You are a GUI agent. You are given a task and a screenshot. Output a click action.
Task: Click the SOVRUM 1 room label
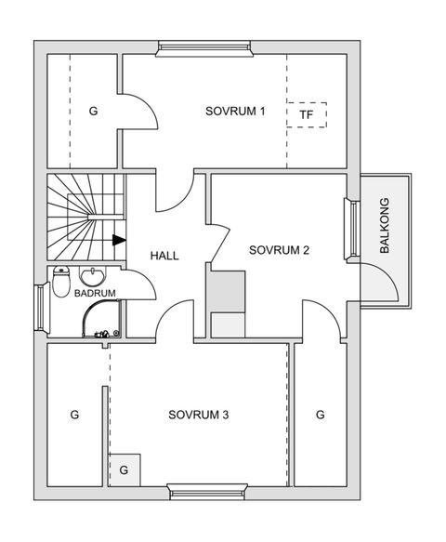pyautogui.click(x=235, y=112)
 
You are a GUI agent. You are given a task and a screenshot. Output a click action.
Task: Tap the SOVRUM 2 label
pyautogui.click(x=279, y=250)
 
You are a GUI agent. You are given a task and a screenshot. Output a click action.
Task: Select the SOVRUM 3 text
pyautogui.click(x=198, y=415)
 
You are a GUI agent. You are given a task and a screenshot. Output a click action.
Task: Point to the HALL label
pyautogui.click(x=164, y=256)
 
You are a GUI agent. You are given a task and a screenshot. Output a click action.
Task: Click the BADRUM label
pyautogui.click(x=95, y=294)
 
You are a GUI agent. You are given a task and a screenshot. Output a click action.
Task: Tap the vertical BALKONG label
pyautogui.click(x=384, y=227)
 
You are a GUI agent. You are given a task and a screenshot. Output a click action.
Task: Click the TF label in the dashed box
pyautogui.click(x=307, y=115)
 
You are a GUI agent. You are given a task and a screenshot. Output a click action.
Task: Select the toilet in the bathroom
pyautogui.click(x=61, y=279)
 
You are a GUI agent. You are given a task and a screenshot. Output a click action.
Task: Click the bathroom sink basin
pyautogui.click(x=94, y=276)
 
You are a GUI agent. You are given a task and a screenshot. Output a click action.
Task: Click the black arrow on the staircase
pyautogui.click(x=119, y=239)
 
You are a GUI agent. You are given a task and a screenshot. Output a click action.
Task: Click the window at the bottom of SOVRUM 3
pyautogui.click(x=207, y=490)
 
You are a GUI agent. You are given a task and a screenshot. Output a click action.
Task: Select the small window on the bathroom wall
pyautogui.click(x=41, y=309)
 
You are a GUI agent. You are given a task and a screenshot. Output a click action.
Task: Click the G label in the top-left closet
pyautogui.click(x=93, y=112)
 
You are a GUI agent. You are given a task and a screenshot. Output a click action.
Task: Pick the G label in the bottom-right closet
pyautogui.click(x=319, y=415)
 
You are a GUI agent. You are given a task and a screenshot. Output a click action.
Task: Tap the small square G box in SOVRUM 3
pyautogui.click(x=125, y=469)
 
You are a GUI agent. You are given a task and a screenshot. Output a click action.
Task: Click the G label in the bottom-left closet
pyautogui.click(x=75, y=415)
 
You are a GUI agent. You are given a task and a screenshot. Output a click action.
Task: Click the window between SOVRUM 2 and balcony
pyautogui.click(x=353, y=230)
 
